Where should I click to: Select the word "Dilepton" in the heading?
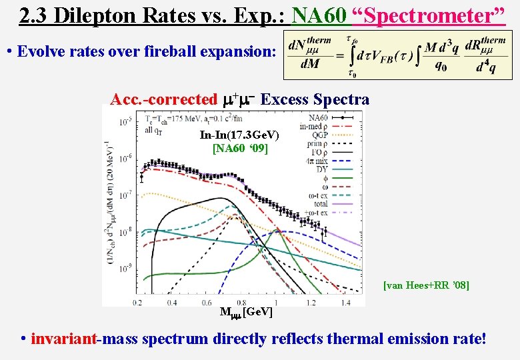(x=98, y=15)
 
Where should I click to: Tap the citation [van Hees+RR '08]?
(x=426, y=285)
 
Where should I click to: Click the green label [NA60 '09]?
(x=240, y=148)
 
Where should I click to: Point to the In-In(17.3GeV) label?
(x=239, y=135)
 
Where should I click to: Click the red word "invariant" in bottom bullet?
(x=63, y=339)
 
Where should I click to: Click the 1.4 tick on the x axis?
(x=344, y=302)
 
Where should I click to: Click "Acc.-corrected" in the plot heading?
(x=163, y=100)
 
